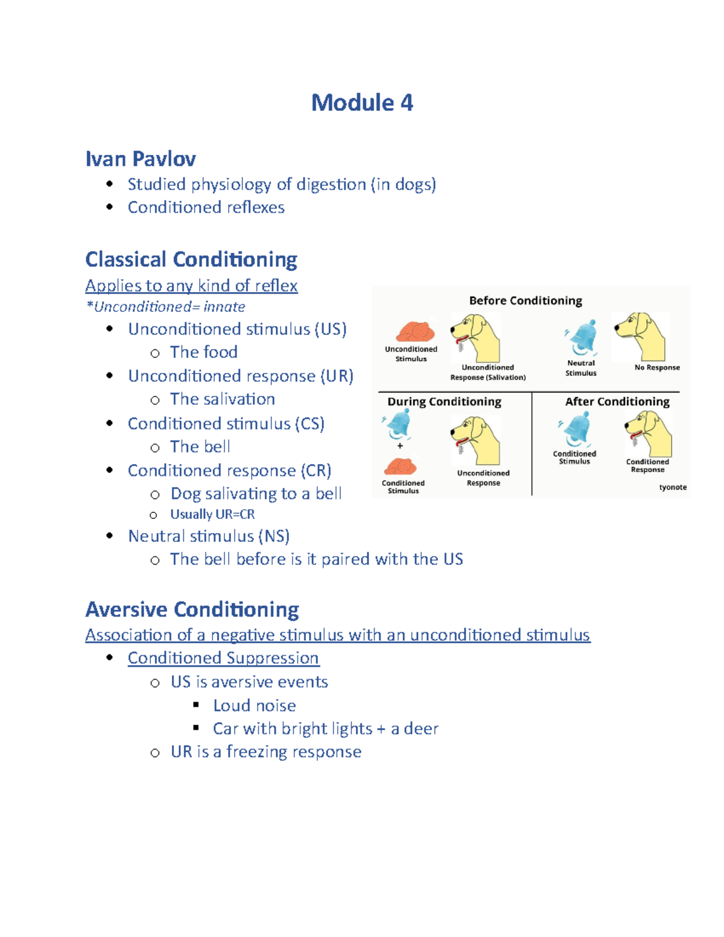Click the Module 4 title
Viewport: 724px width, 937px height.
coord(362,103)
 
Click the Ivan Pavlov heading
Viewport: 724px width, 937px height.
coord(141,159)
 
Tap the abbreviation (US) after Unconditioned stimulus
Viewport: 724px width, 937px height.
coord(330,329)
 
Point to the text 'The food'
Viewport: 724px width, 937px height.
coord(203,352)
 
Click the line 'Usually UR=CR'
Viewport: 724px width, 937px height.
coord(212,514)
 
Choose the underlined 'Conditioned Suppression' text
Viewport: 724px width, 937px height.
coord(223,658)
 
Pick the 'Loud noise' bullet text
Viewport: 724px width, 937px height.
coord(254,705)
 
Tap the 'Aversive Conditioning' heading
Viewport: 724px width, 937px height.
coord(192,609)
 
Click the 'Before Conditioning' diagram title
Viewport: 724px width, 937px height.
coord(526,300)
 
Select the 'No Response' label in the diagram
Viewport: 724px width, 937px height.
coord(657,367)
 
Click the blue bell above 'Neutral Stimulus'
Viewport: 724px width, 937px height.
coord(583,338)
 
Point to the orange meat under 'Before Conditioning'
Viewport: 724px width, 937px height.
coord(415,331)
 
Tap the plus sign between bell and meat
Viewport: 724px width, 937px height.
coord(400,446)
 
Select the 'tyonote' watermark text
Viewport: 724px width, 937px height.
coord(673,487)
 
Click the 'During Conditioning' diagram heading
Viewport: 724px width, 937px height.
coord(444,402)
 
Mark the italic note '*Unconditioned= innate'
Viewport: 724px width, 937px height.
coord(166,307)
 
